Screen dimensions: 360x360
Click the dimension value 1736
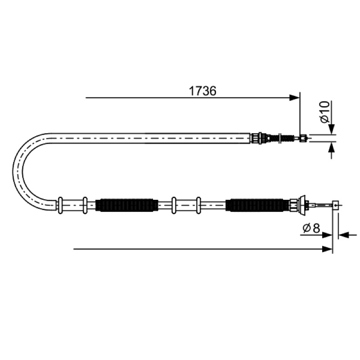pos(202,91)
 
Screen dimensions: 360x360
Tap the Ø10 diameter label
pos(325,112)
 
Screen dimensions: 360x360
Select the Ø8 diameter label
pos(311,228)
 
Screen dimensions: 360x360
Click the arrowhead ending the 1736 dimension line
pos(295,98)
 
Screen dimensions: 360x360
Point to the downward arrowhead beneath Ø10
pos(331,129)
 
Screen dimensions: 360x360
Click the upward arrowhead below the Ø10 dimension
pos(331,147)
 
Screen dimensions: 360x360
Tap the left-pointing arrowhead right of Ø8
pos(343,235)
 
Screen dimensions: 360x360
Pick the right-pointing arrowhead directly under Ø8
pos(327,235)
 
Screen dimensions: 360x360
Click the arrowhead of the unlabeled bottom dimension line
pos(327,249)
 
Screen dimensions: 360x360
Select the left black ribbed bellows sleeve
pos(127,205)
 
